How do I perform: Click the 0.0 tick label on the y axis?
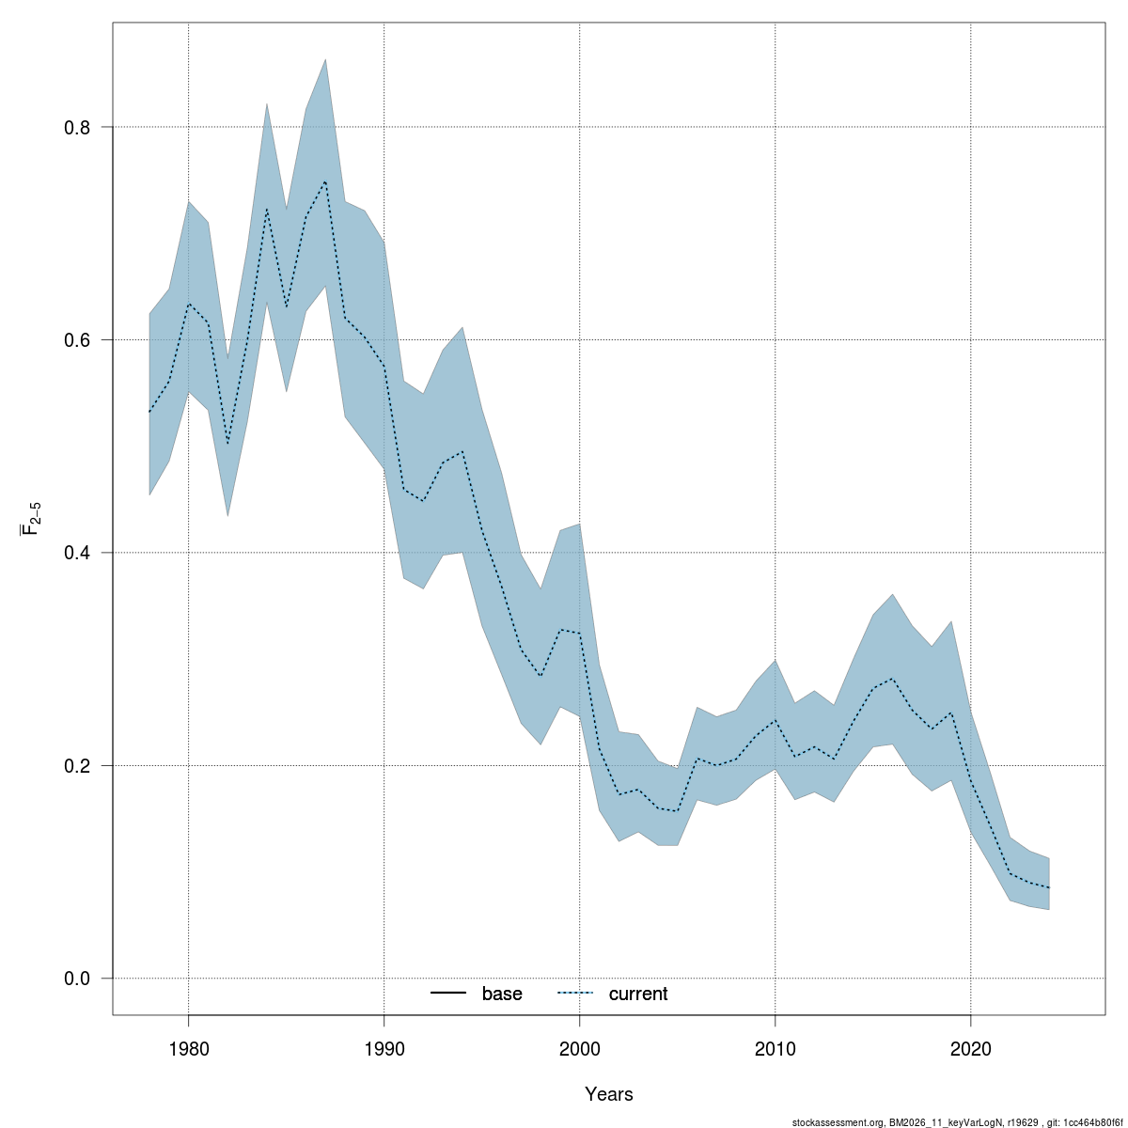pyautogui.click(x=77, y=979)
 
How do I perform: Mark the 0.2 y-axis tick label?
pyautogui.click(x=77, y=766)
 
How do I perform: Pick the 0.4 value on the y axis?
pyautogui.click(x=77, y=553)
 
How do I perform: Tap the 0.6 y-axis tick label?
pyautogui.click(x=77, y=340)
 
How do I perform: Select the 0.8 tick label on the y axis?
pyautogui.click(x=77, y=127)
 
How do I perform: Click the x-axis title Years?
pyautogui.click(x=609, y=1094)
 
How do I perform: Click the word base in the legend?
pyautogui.click(x=502, y=995)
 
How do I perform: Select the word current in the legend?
pyautogui.click(x=638, y=995)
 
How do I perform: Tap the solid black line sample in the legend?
pyautogui.click(x=448, y=994)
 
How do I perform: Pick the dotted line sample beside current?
pyautogui.click(x=575, y=994)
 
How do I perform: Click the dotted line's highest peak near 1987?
pyautogui.click(x=325, y=180)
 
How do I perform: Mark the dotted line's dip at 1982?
pyautogui.click(x=227, y=445)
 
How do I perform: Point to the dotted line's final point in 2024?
pyautogui.click(x=1048, y=888)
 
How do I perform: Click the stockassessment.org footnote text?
pyautogui.click(x=958, y=1122)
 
